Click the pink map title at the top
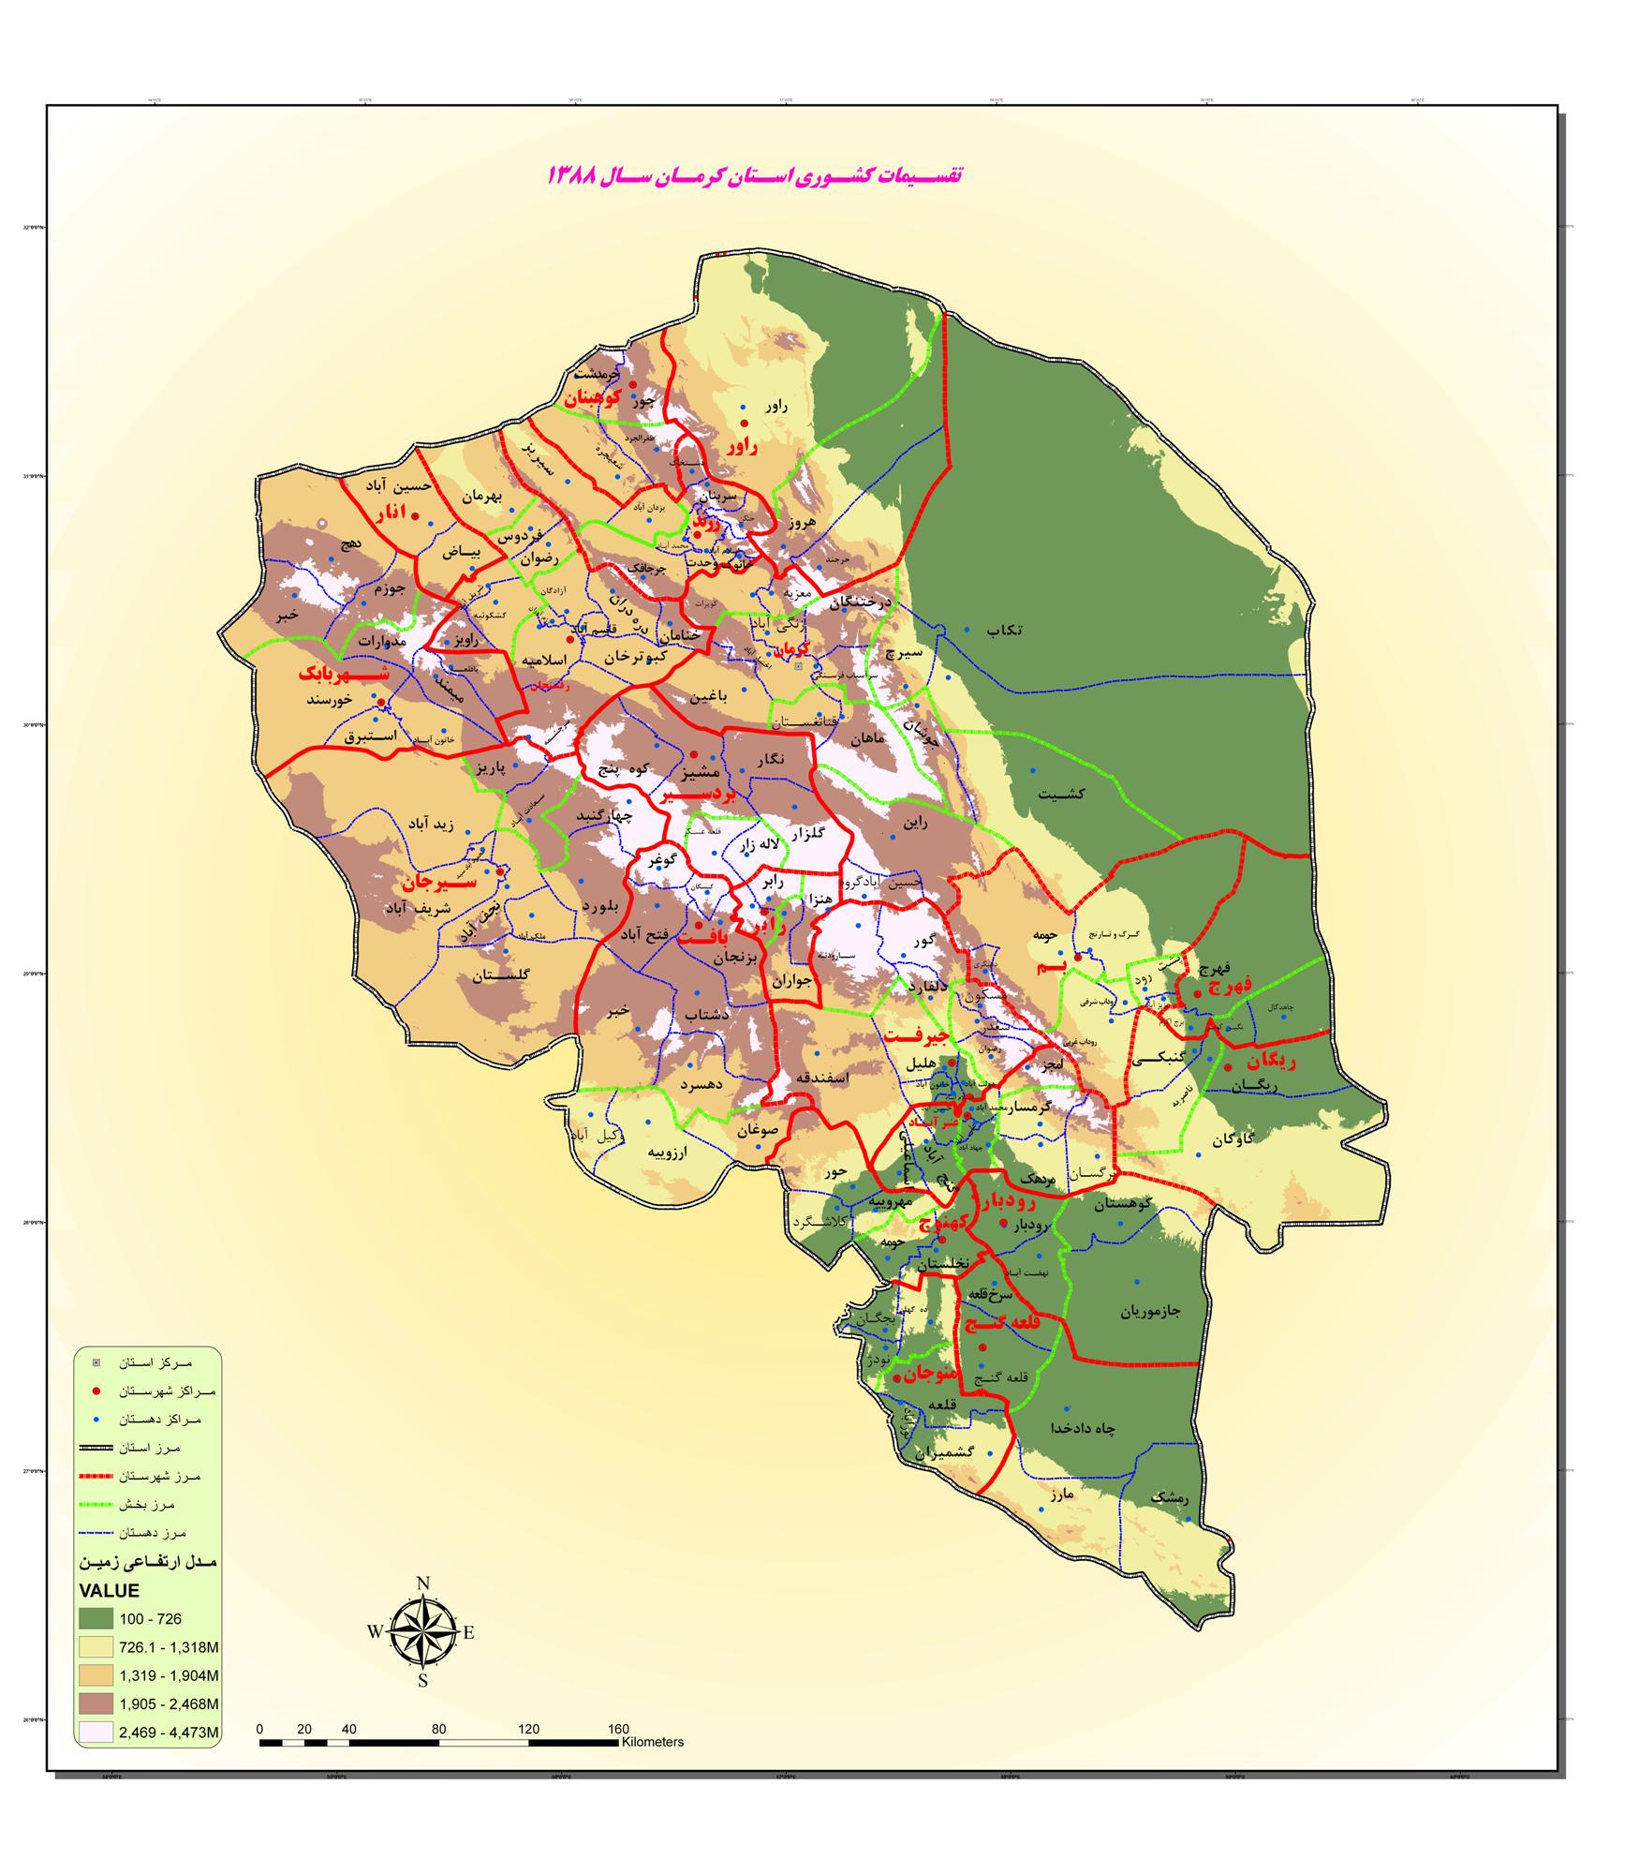[755, 175]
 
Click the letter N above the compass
[422, 1584]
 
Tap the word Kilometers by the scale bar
[652, 1742]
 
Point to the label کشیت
[1061, 794]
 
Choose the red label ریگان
[1270, 1062]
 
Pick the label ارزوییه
[669, 1153]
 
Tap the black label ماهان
[867, 739]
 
